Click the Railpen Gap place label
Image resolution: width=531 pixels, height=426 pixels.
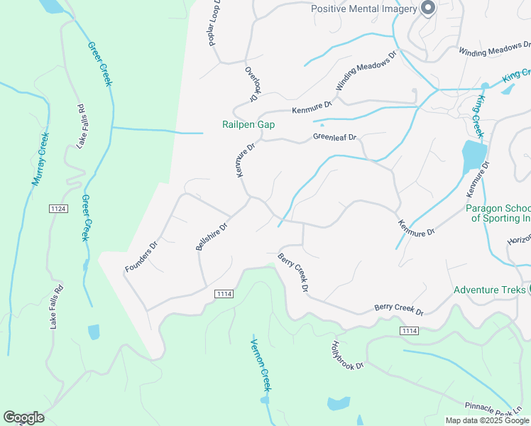point(248,124)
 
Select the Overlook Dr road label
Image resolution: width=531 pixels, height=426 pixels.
point(253,84)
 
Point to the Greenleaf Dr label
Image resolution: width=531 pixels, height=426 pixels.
point(334,138)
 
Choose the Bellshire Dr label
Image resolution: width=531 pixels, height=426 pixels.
point(211,237)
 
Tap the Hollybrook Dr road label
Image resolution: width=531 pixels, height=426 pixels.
point(347,355)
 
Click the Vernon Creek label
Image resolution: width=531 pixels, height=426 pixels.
point(261,365)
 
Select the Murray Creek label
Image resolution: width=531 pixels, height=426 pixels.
point(40,160)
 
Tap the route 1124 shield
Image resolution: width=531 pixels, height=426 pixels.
point(58,208)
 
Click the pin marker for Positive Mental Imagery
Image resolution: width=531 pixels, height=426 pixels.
point(427,8)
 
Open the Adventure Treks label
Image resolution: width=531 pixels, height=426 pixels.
point(489,290)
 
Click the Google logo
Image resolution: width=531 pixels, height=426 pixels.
point(23,417)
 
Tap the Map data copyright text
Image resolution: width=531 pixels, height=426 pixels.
point(487,420)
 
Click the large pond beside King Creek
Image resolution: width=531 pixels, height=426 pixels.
point(473,157)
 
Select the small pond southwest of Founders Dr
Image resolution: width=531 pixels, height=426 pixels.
point(94,332)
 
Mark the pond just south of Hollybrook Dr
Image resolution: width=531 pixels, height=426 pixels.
point(339,404)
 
